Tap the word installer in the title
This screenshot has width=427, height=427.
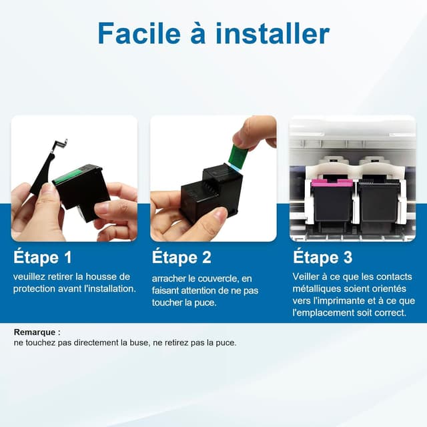274,33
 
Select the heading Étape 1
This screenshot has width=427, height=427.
42,257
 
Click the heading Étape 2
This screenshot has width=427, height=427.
181,257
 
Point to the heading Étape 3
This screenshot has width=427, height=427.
322,257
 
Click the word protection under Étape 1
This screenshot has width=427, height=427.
35,288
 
